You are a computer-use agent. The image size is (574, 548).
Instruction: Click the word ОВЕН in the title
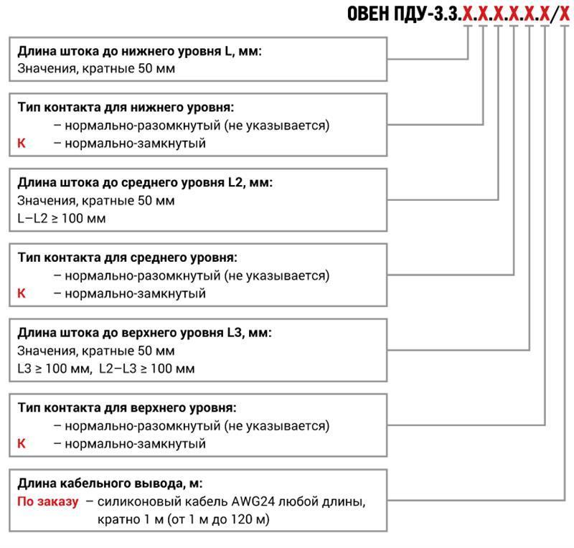368,14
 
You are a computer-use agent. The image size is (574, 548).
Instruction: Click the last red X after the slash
565,14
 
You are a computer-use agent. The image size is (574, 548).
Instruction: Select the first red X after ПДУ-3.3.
468,14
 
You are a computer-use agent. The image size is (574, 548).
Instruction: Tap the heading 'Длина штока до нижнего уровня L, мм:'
139,51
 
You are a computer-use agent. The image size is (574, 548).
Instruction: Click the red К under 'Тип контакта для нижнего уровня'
22,143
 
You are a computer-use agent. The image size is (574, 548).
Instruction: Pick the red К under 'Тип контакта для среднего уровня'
22,293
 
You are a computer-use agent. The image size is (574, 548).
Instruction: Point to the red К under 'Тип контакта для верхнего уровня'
22,443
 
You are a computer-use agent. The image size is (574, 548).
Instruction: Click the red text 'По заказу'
48,501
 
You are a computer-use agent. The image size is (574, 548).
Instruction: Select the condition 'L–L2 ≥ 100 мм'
62,218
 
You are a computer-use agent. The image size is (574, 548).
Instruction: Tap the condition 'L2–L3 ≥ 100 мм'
147,368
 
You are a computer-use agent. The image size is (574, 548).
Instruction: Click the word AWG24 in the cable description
253,501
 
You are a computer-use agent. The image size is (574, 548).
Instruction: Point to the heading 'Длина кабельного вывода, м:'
110,483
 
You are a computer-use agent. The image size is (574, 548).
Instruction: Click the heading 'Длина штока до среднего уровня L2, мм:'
145,182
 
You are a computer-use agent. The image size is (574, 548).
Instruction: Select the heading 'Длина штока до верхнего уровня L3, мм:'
145,333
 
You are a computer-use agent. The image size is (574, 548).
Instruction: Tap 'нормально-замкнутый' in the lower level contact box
135,143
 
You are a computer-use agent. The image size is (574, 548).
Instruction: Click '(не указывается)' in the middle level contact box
277,275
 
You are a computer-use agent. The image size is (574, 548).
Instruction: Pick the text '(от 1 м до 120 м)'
219,519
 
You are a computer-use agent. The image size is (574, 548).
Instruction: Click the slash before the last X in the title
555,14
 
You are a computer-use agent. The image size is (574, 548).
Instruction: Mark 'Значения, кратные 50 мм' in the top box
96,68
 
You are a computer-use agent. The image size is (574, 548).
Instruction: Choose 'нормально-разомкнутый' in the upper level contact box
142,426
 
